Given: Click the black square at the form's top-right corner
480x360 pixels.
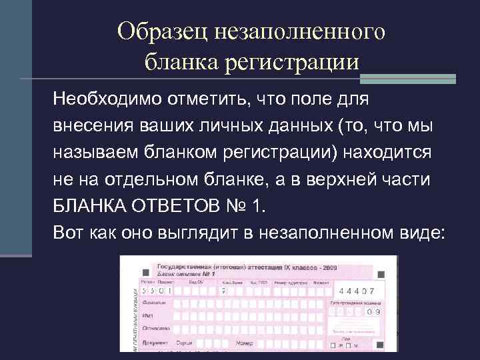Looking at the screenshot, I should (381, 274).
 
